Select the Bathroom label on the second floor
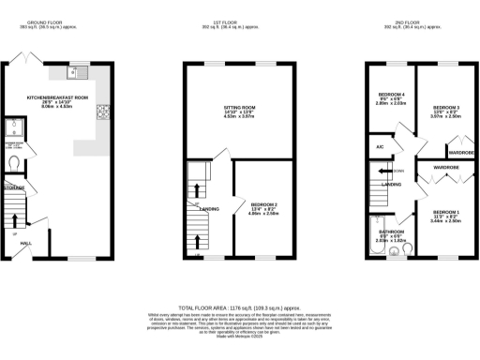click(x=391, y=232)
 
